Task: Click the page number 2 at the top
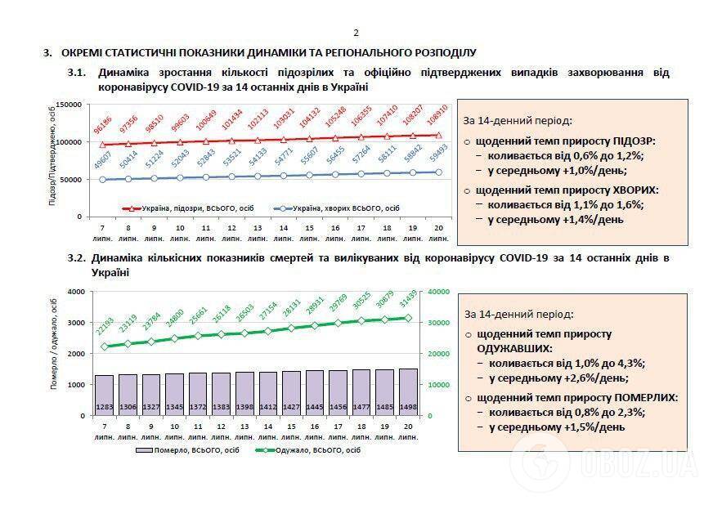[356, 33]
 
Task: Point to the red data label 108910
[438, 118]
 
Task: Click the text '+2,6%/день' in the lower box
[586, 378]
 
